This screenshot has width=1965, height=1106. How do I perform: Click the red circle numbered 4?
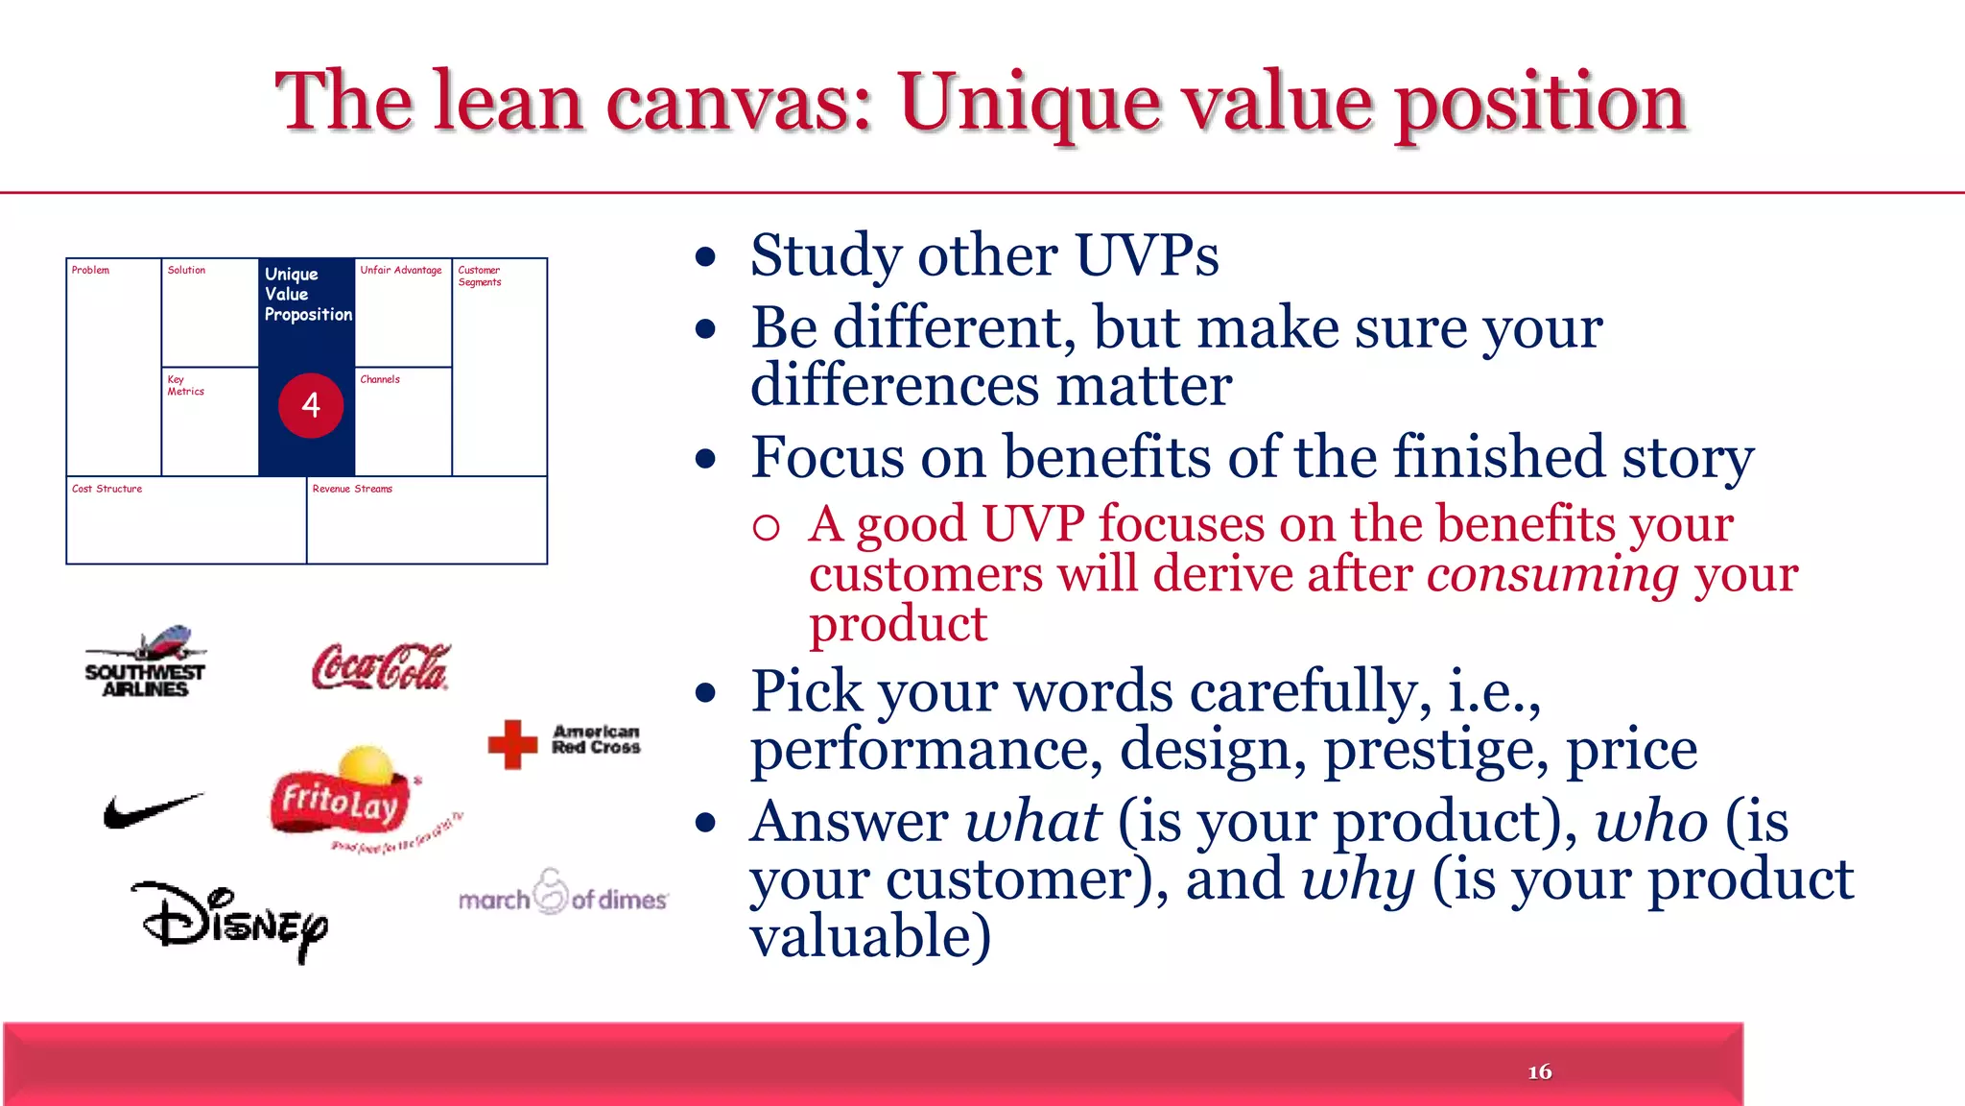311,405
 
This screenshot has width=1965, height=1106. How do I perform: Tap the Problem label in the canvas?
90,271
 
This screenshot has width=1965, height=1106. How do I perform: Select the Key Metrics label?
184,386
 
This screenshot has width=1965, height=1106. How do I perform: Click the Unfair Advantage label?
400,271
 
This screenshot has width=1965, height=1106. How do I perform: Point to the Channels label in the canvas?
380,380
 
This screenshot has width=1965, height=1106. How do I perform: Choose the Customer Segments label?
479,276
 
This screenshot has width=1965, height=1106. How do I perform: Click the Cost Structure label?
107,490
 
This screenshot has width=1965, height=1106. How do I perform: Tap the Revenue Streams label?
352,490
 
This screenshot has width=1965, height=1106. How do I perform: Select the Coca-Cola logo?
381,667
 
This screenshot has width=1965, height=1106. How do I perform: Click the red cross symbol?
512,744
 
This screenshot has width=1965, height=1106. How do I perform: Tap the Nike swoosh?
152,811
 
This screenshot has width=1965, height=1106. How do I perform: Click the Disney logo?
230,920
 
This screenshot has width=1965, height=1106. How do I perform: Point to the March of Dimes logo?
562,895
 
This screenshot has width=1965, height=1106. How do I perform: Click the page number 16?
1539,1072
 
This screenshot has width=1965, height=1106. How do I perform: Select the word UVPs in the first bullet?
1146,256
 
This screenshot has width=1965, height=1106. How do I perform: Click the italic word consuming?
1552,575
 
